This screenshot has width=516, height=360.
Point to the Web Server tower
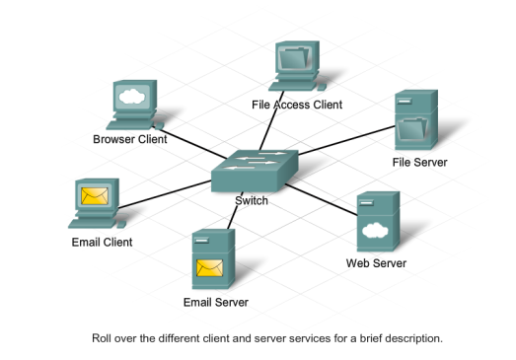point(376,223)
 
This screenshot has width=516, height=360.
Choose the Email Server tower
point(209,259)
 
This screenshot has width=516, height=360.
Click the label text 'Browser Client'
point(130,139)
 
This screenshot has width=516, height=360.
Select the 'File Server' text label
point(419,162)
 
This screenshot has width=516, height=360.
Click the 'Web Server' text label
point(375,263)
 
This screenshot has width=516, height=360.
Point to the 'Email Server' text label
point(215,302)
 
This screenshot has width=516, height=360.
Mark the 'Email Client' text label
point(101,242)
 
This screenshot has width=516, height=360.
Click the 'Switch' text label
point(251,201)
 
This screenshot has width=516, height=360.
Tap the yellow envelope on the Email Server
point(209,267)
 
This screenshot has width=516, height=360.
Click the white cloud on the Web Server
point(373,232)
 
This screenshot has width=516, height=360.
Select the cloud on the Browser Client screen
point(131,97)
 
